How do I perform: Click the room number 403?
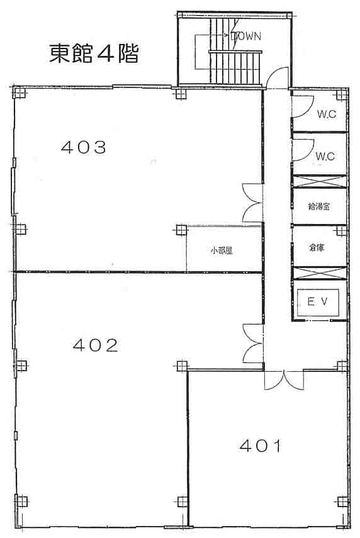click(84, 147)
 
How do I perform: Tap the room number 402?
click(96, 345)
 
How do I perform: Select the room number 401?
click(261, 446)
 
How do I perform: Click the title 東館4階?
click(94, 53)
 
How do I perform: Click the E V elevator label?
click(317, 302)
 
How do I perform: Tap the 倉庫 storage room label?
click(317, 247)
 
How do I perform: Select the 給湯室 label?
click(319, 206)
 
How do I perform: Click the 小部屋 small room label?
click(222, 251)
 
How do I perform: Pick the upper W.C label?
click(327, 114)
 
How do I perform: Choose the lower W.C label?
click(325, 157)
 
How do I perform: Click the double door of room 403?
click(252, 203)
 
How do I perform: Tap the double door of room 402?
click(253, 343)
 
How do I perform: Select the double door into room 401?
click(284, 380)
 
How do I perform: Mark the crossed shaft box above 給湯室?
click(319, 181)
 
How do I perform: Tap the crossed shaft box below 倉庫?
click(320, 273)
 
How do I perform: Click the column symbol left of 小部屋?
click(181, 230)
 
